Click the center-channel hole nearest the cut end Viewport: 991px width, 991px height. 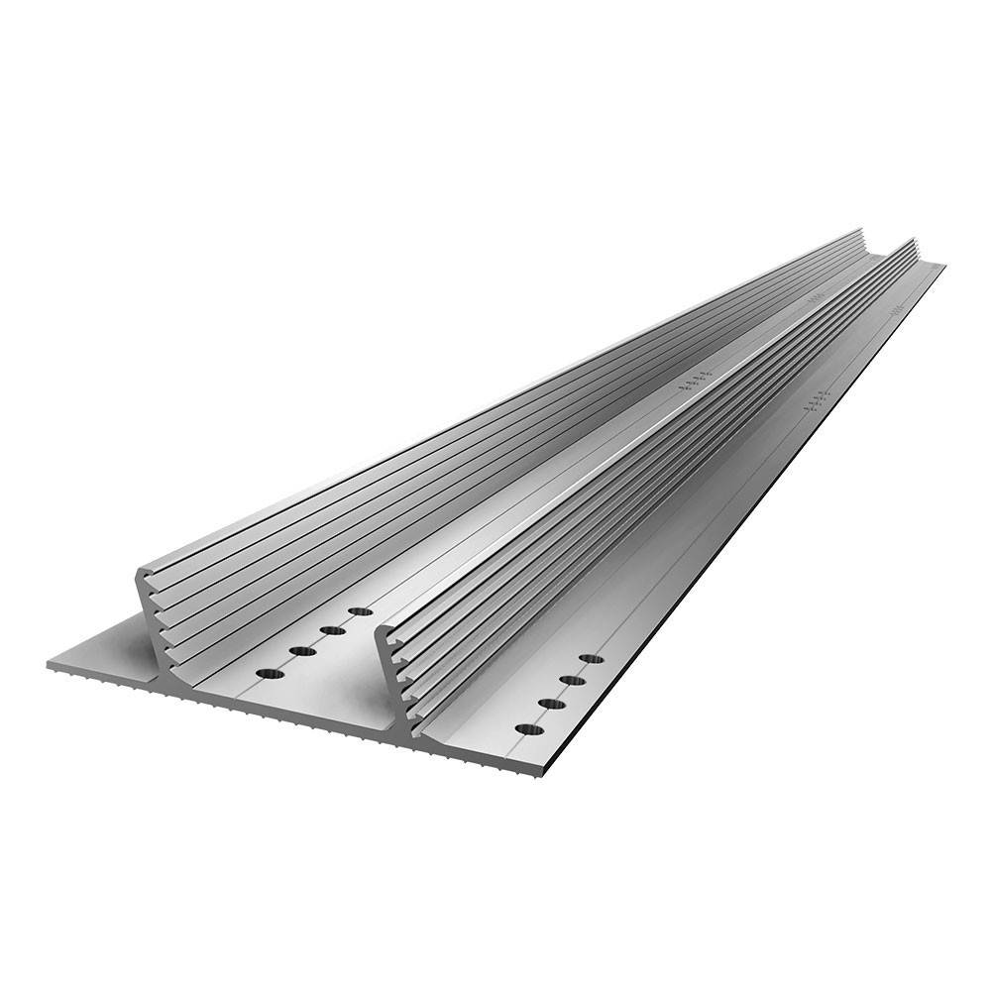point(270,674)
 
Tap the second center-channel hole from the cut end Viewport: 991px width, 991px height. point(301,651)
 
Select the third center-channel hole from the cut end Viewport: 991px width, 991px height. point(332,630)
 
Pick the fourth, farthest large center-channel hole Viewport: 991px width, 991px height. point(361,611)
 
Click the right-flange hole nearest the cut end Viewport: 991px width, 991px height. point(529,729)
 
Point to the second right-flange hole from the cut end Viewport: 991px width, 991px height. point(551,704)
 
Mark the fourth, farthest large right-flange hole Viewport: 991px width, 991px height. point(591,658)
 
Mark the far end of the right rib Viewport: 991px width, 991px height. point(911,241)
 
